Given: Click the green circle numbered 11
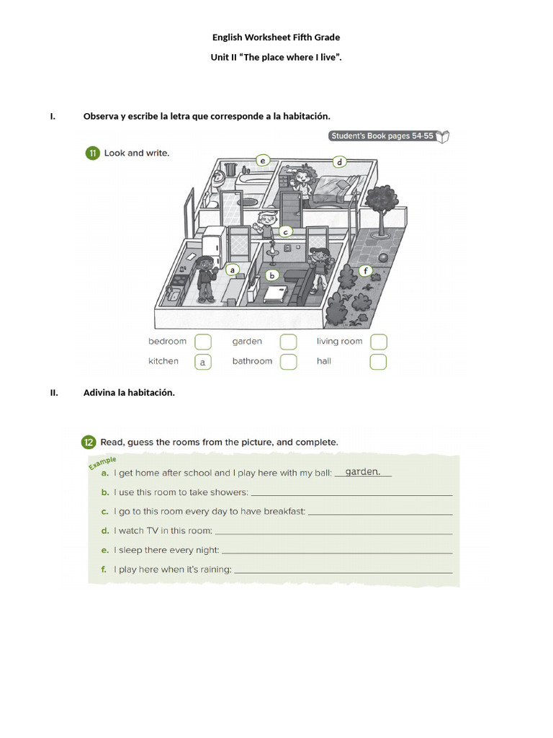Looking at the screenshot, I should [x=92, y=153].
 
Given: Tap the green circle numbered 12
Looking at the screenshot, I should [x=88, y=442].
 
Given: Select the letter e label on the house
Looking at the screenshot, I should [x=263, y=160].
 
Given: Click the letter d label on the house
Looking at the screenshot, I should [x=338, y=161].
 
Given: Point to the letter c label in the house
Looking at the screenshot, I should [x=285, y=232].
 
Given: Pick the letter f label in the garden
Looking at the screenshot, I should [x=366, y=272].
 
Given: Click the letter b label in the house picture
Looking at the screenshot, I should [x=272, y=275].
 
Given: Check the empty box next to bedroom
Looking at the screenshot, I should [x=203, y=342].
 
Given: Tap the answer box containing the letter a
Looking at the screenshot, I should [x=203, y=362].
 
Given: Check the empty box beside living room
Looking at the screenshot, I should [x=379, y=342].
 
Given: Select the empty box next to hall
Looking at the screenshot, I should [x=379, y=362].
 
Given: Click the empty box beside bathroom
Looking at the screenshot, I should [x=288, y=362].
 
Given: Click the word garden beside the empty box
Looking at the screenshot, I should [x=247, y=342].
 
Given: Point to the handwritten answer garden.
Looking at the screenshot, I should [x=362, y=472].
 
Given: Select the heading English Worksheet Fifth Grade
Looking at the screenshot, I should [x=276, y=37].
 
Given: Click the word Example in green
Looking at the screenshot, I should [x=102, y=462].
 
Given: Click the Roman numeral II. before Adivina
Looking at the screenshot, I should [x=53, y=393].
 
